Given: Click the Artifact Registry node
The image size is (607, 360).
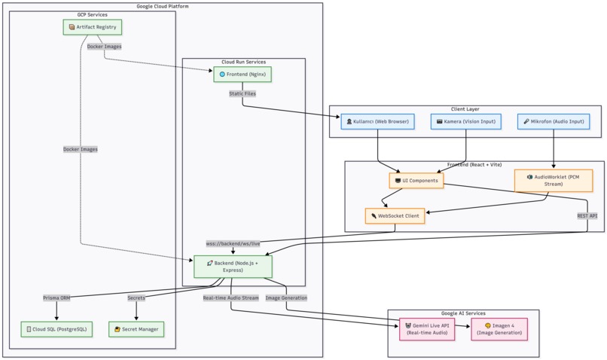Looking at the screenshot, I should [92, 27].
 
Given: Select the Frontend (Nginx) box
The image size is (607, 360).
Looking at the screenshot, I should [242, 75].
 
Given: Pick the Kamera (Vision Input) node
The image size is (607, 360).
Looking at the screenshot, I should [466, 121].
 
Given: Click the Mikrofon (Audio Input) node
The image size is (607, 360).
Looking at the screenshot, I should [554, 121].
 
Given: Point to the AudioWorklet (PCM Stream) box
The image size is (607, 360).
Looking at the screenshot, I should [554, 180].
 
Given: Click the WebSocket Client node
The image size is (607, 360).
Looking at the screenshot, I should [395, 215].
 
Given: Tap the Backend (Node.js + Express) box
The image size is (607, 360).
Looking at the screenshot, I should [233, 266].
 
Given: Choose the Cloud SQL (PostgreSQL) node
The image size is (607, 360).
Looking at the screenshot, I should [56, 328].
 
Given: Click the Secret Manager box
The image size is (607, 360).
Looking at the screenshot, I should [136, 328].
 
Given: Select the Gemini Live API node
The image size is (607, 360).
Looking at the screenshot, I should [428, 329].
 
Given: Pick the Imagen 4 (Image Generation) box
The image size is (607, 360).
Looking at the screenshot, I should [499, 329].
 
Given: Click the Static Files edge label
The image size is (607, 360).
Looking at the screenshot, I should [242, 94].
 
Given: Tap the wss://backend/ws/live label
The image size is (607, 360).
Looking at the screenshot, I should [233, 243].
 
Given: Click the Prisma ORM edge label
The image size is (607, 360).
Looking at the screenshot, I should [56, 297].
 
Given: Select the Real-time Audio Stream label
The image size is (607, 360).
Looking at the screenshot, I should [230, 297].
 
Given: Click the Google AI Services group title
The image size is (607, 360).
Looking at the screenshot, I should [463, 313].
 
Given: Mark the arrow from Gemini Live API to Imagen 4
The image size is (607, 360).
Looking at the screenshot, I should [463, 329].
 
